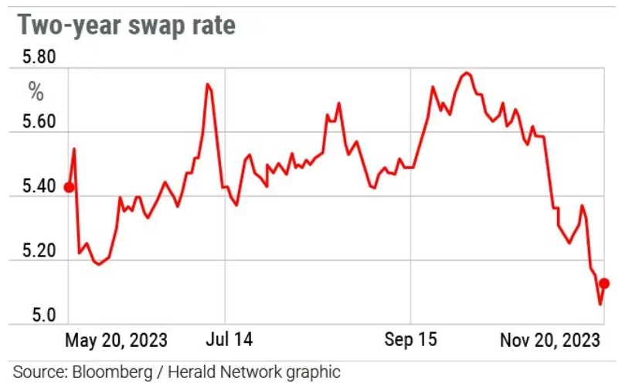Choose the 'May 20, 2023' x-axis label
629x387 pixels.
coord(116,340)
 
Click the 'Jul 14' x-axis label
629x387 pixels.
coord(230,340)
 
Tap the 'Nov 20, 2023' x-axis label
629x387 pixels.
coord(549,340)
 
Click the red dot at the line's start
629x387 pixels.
coord(69,187)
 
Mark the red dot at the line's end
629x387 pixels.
coord(604,283)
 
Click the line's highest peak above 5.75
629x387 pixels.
coord(466,73)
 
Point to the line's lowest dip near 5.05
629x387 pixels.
coord(600,304)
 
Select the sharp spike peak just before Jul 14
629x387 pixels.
coord(207,83)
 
